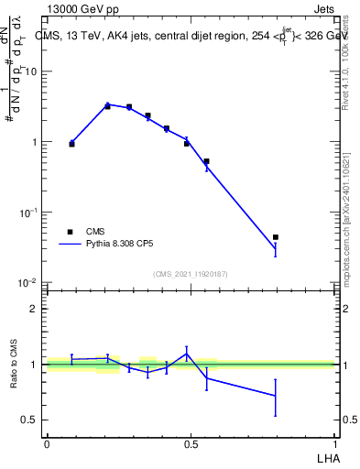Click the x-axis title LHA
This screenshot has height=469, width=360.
[327, 456]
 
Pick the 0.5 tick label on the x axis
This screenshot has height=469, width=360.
[191, 443]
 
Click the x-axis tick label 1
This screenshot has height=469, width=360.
[335, 443]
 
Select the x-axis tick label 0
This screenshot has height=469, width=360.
[47, 443]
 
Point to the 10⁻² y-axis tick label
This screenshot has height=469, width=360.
[28, 282]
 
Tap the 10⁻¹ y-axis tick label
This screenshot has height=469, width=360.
[28, 212]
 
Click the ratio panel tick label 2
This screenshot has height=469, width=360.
[36, 309]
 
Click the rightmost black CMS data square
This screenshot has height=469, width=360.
[276, 237]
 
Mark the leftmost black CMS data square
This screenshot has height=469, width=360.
[71, 144]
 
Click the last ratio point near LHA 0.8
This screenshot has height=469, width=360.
[276, 396]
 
